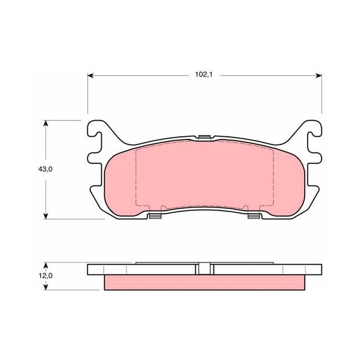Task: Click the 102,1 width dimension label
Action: coord(204,75)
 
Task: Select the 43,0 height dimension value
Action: coord(45,169)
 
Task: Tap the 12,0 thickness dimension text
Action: coord(45,275)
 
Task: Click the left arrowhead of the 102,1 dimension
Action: coord(90,76)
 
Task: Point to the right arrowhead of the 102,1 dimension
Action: coord(319,76)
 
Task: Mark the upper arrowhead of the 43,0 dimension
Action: coord(46,123)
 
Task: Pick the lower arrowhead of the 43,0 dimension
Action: coord(46,216)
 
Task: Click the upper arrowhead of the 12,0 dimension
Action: coord(46,265)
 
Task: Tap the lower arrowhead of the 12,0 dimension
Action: coord(46,287)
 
